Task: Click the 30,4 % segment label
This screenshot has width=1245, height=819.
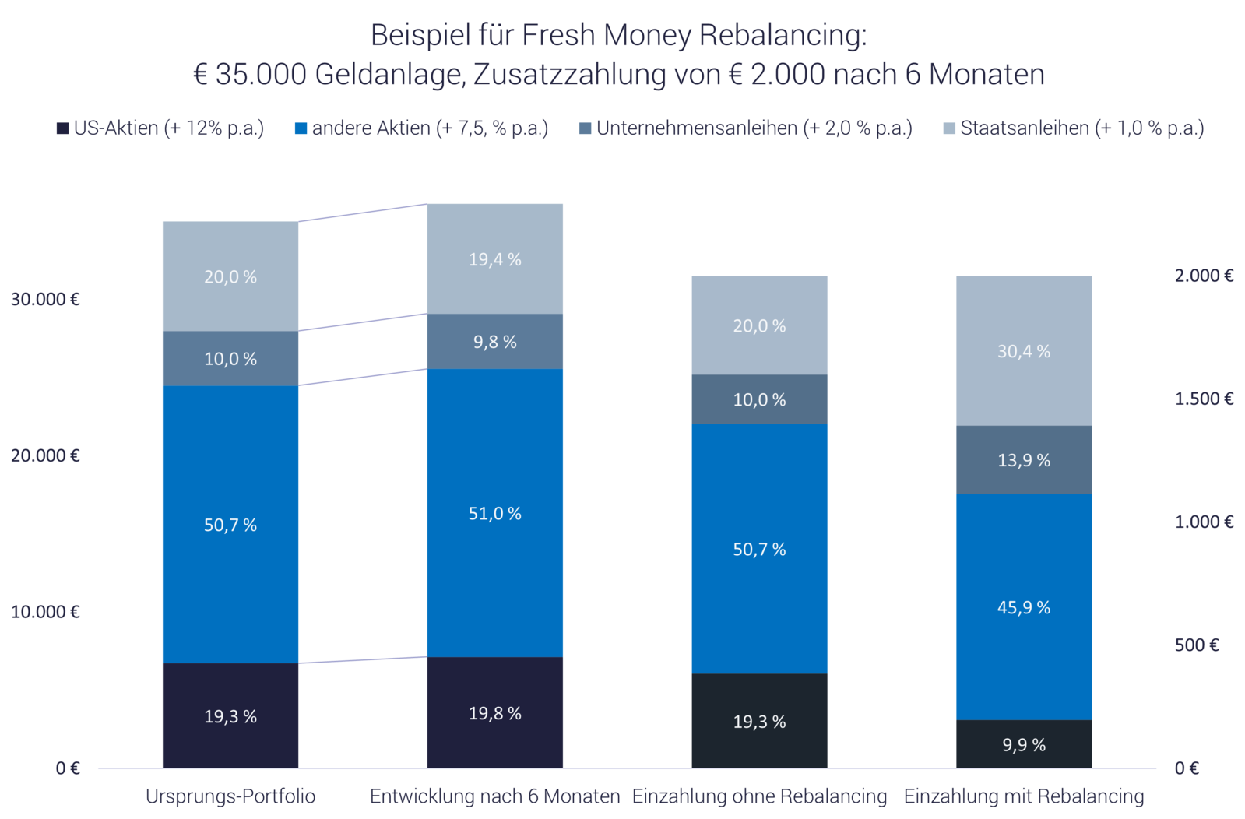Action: tap(1023, 352)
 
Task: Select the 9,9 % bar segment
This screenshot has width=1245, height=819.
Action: tap(1023, 745)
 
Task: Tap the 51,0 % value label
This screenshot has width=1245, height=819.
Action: tap(494, 514)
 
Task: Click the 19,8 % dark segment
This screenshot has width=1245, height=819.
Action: tap(494, 713)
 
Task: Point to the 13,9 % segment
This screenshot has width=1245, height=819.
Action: tap(1023, 460)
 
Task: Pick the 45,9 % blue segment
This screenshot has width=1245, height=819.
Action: tap(1023, 607)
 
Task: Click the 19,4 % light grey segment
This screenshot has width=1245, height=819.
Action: tap(494, 259)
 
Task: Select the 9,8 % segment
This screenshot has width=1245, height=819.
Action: tap(494, 342)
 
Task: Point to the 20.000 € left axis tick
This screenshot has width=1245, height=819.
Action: tap(45, 455)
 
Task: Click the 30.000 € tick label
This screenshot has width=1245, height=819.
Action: tap(45, 299)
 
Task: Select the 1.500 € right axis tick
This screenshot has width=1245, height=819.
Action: tap(1204, 399)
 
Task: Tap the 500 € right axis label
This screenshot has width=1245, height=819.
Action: tap(1197, 645)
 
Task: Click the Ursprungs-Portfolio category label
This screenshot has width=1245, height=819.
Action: tap(230, 796)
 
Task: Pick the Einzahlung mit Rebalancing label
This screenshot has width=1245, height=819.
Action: tap(1023, 796)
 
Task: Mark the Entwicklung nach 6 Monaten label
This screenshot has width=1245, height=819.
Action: tap(494, 796)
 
